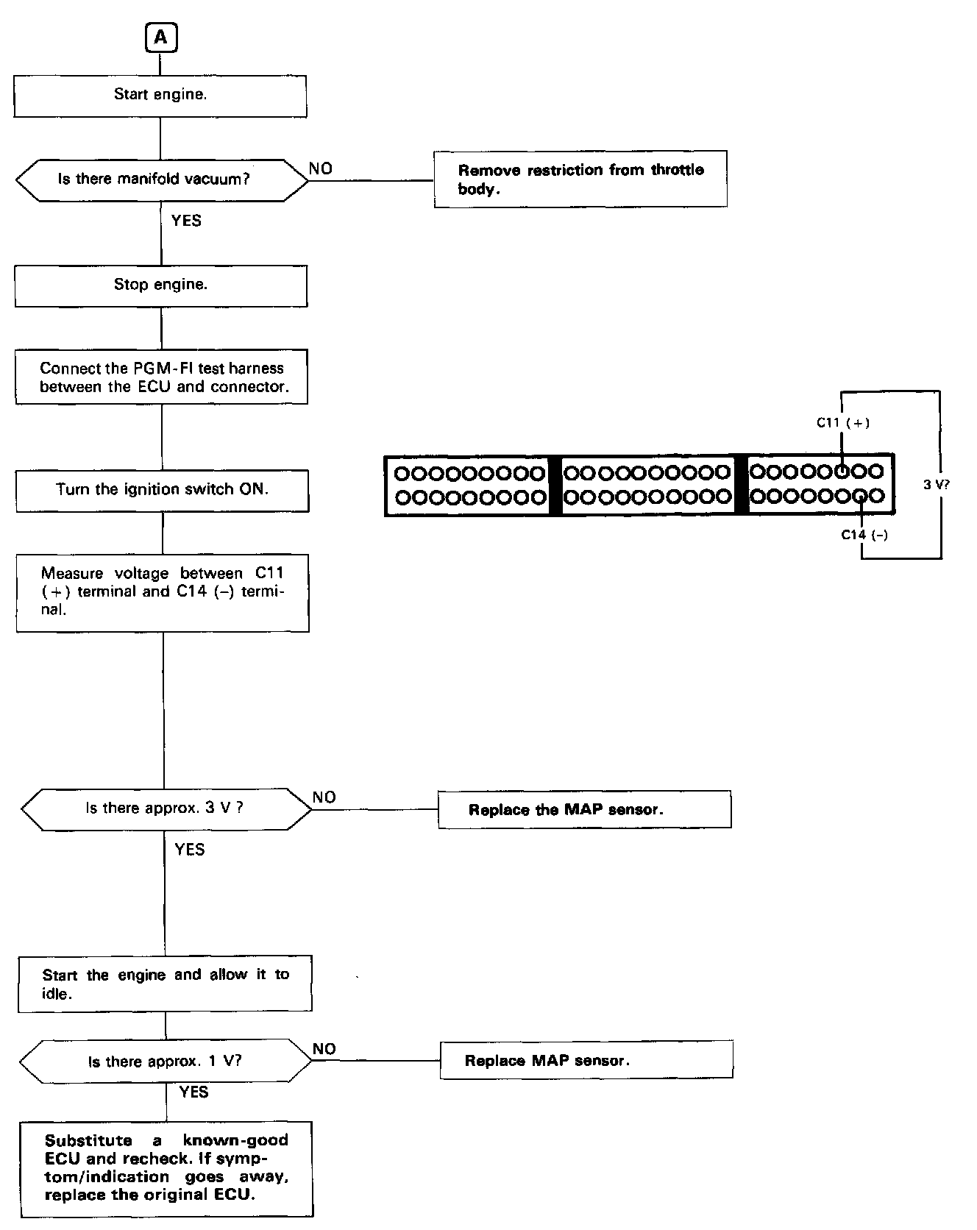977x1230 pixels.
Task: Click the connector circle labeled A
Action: [x=161, y=38]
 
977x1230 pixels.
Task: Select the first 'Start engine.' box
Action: [x=160, y=95]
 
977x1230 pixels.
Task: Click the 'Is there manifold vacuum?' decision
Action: [x=162, y=179]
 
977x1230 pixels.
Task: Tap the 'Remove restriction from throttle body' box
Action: [x=580, y=179]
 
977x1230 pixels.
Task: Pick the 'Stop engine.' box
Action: [x=161, y=285]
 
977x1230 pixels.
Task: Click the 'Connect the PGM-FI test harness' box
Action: [x=162, y=377]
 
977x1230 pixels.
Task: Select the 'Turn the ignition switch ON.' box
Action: [x=163, y=490]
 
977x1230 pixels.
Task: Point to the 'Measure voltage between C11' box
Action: [x=163, y=592]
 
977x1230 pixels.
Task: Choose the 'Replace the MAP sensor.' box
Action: [x=585, y=810]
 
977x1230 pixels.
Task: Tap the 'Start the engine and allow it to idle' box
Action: [x=166, y=984]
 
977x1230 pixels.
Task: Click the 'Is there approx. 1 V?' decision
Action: [x=166, y=1062]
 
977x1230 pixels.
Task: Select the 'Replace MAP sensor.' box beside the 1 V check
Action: [x=586, y=1061]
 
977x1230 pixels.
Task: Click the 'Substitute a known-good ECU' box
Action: [x=166, y=1168]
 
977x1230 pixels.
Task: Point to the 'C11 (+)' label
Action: [x=843, y=423]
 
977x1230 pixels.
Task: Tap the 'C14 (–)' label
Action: [x=864, y=535]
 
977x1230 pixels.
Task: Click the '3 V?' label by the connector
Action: [x=937, y=485]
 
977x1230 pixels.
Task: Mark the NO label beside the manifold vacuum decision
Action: [x=320, y=168]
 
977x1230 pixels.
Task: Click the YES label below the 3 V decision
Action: [x=189, y=850]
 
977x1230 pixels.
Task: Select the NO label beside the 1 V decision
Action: [x=324, y=1049]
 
